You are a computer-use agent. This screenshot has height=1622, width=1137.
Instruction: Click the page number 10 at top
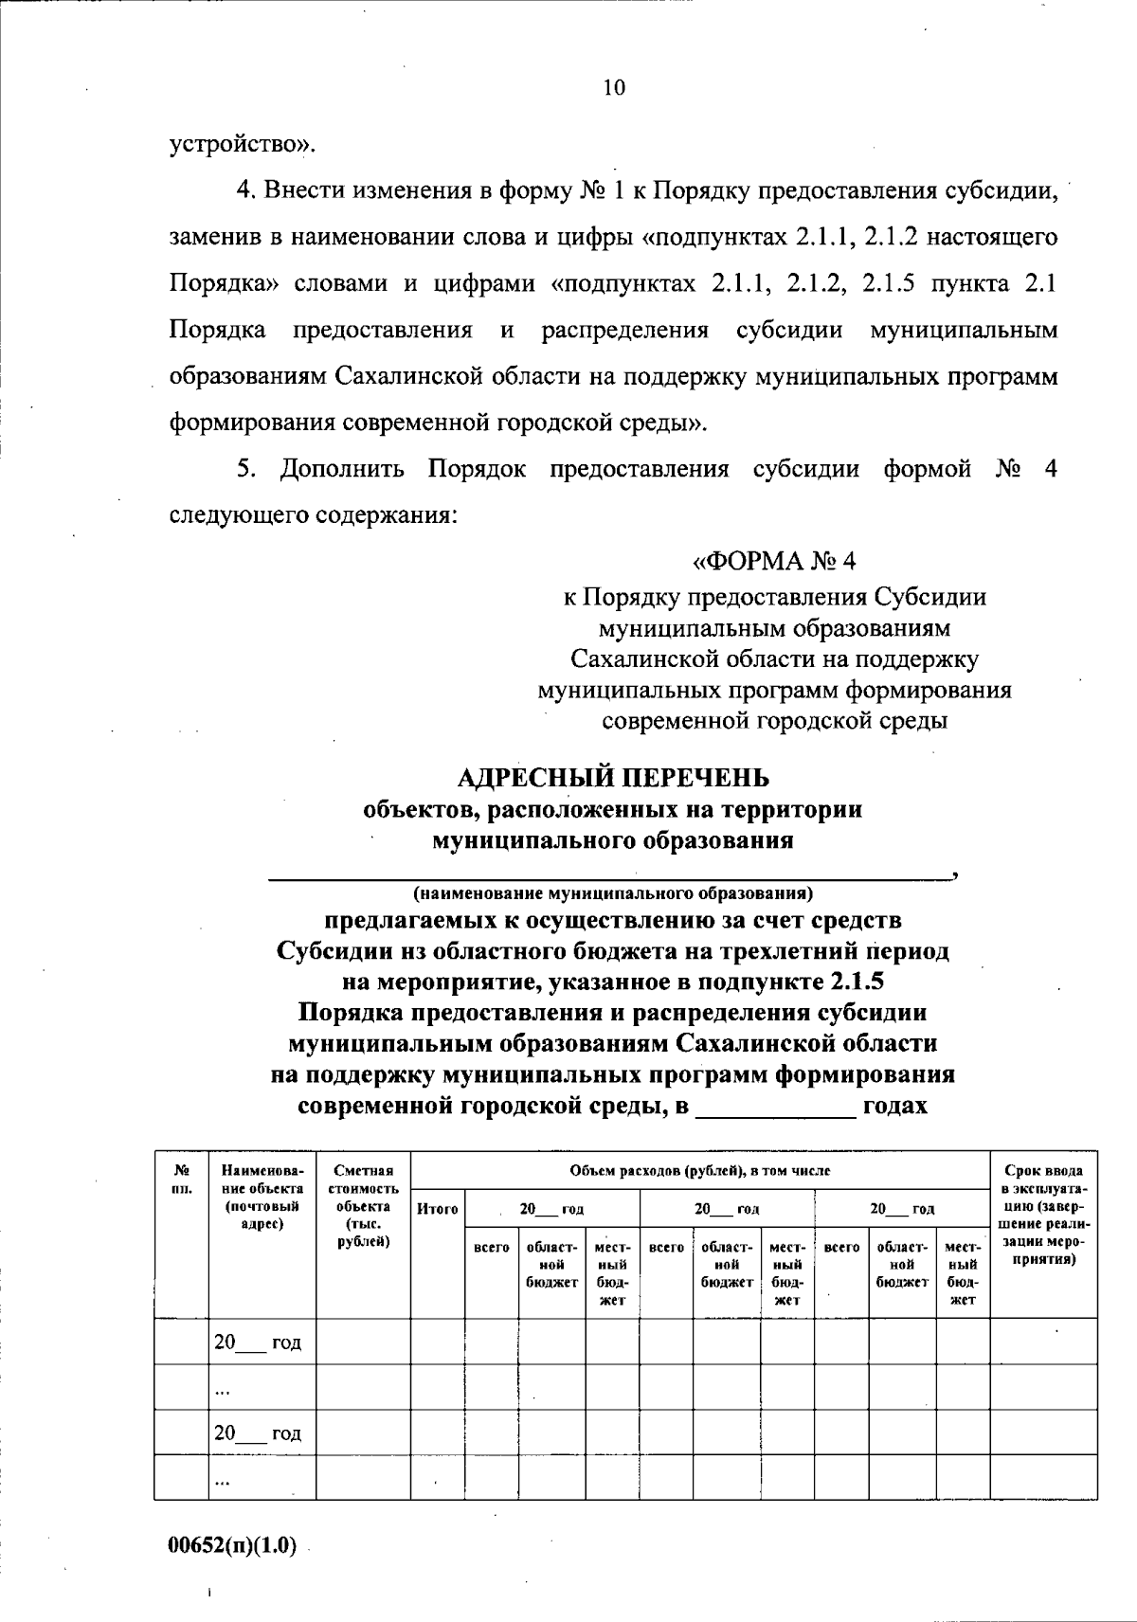(x=613, y=88)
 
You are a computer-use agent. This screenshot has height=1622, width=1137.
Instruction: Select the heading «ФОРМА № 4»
(x=774, y=561)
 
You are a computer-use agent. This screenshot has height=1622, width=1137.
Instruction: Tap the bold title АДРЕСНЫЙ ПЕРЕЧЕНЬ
(x=613, y=778)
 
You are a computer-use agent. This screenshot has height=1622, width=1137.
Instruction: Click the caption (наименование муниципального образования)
(x=613, y=892)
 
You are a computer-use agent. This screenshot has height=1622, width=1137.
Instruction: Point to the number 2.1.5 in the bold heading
(x=856, y=982)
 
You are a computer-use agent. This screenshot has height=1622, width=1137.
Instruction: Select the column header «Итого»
(x=437, y=1209)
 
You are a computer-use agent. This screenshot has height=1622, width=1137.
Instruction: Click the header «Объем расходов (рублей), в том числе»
(x=700, y=1171)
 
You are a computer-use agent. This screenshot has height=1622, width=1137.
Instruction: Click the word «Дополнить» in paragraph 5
(x=342, y=469)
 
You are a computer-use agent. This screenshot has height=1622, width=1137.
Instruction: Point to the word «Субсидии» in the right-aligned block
(x=929, y=597)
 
